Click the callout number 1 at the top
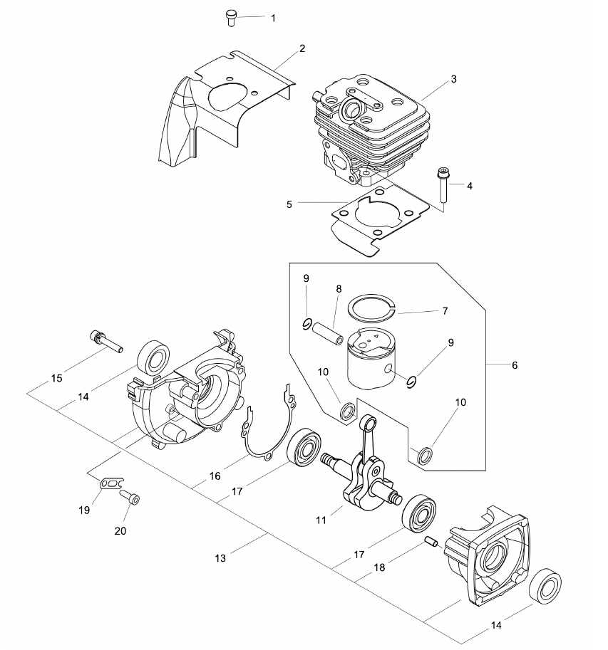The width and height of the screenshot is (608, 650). point(273,19)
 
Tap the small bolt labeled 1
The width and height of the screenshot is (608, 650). point(231,19)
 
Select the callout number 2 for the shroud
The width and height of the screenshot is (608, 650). point(302,48)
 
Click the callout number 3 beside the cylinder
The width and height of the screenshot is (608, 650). point(453,79)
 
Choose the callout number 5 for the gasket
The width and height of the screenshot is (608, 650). point(289,204)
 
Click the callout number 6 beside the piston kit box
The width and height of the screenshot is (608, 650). point(515,365)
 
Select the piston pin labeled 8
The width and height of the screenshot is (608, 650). point(328,332)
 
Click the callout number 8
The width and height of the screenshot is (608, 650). point(339,289)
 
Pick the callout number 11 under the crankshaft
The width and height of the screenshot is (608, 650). point(321,520)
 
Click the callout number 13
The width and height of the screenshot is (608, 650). point(220,558)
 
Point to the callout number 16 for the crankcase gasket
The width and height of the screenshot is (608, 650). point(215,476)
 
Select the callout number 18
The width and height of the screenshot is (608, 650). point(379,567)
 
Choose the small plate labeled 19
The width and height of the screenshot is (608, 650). point(112,483)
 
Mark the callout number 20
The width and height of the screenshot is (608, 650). point(120,530)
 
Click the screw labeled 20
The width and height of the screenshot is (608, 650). point(130,497)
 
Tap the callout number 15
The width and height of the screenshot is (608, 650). point(57,378)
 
